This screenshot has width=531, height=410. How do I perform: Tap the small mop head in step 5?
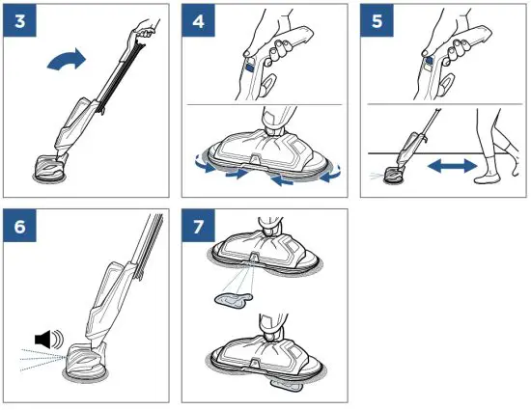pos(394,175)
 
